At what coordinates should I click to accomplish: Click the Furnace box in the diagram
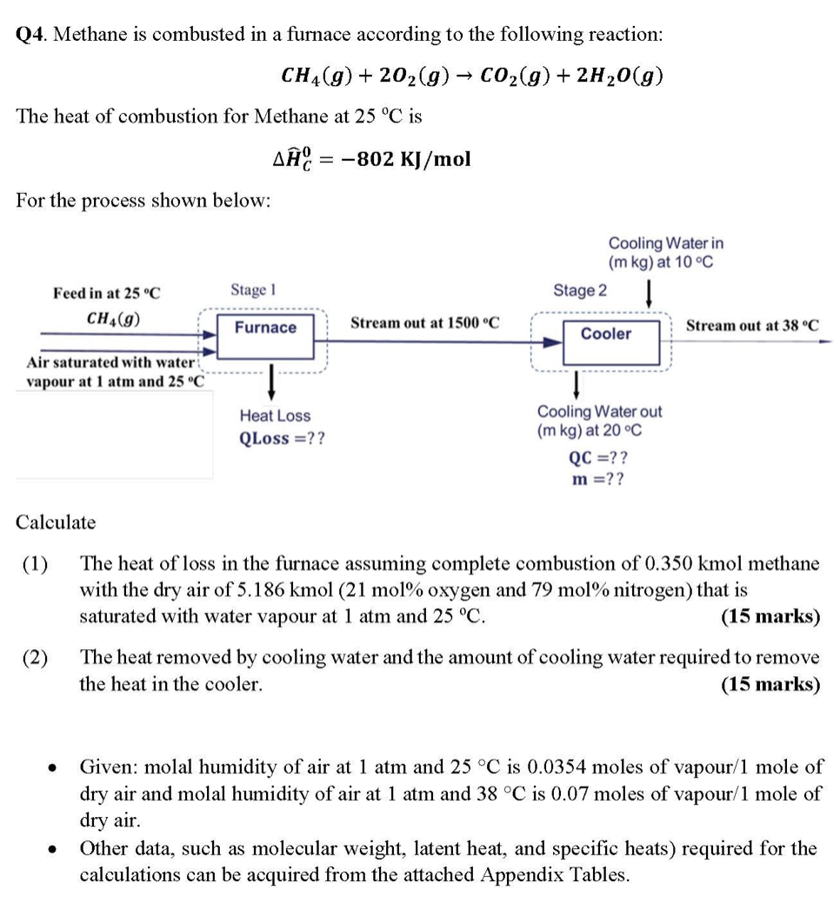265,328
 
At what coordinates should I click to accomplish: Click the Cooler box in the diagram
605,334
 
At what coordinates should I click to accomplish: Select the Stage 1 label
253,289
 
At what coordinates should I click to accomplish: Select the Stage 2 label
580,290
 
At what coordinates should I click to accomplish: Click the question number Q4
30,35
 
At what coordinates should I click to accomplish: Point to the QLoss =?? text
283,438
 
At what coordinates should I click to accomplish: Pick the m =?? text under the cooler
597,479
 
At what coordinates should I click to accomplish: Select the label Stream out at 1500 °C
424,323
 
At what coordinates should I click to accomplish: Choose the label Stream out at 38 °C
751,326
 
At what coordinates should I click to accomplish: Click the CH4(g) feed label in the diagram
115,318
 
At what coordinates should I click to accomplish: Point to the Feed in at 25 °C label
106,293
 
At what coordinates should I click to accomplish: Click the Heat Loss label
275,416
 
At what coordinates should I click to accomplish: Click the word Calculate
57,522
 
